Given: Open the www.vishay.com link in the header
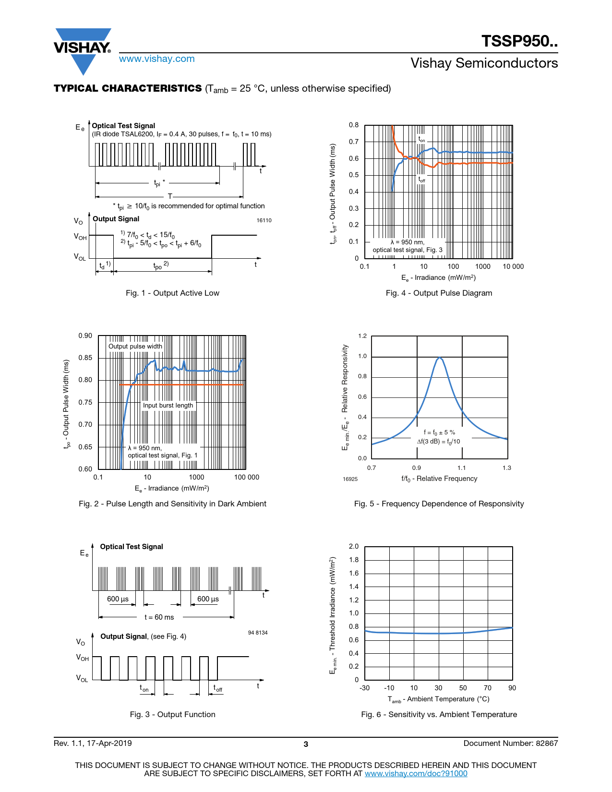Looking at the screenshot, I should [x=157, y=59].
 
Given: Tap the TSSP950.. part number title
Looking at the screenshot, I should [x=519, y=41].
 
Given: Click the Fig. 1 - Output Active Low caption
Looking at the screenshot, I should [x=172, y=293].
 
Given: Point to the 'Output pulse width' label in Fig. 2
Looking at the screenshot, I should [x=135, y=347].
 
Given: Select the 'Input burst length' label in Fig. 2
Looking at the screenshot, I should [x=168, y=406].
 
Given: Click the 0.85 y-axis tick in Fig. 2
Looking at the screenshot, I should [x=85, y=358].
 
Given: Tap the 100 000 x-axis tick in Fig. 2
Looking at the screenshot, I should [x=246, y=478].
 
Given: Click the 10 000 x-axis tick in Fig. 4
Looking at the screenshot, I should [x=513, y=267].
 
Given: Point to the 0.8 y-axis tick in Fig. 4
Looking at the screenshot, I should [x=354, y=125].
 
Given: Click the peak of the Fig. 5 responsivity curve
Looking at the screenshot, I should [x=439, y=358].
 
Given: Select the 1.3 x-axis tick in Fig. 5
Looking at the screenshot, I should [x=507, y=468].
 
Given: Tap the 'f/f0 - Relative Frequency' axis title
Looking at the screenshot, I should [x=439, y=479].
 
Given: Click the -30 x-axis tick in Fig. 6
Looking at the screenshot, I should [x=365, y=688].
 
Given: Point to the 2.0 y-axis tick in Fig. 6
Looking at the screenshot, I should [x=354, y=547].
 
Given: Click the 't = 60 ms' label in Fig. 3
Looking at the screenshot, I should [x=159, y=618].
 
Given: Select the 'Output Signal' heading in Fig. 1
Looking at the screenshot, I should [x=116, y=219].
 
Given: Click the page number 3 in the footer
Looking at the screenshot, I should [x=306, y=744].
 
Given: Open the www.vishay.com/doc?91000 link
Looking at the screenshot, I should [x=416, y=774].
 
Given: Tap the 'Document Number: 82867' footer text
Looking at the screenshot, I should [x=510, y=744].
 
